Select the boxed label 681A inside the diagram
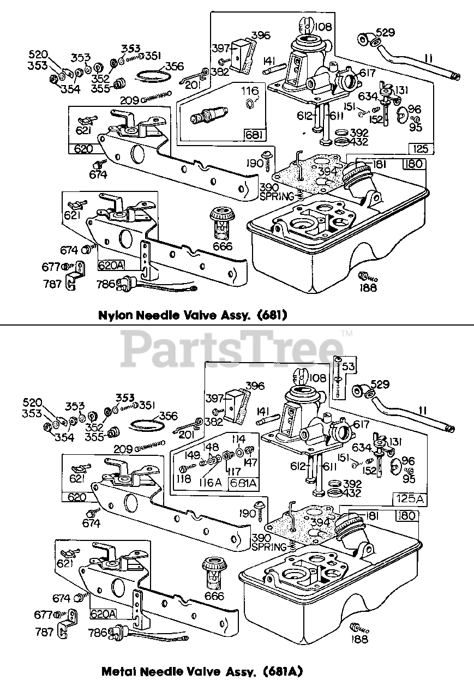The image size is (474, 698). click(243, 483)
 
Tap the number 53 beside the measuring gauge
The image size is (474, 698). click(348, 366)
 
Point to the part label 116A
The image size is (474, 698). click(210, 483)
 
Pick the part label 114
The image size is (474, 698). click(239, 439)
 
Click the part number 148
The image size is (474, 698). click(211, 447)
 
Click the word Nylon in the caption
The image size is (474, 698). click(115, 316)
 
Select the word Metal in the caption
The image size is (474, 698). click(119, 671)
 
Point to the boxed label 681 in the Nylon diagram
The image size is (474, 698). click(255, 136)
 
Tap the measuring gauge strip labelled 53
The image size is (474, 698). click(338, 378)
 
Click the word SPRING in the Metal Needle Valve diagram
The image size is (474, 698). click(269, 547)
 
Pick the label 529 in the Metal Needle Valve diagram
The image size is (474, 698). click(380, 384)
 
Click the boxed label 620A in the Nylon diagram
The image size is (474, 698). click(111, 265)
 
